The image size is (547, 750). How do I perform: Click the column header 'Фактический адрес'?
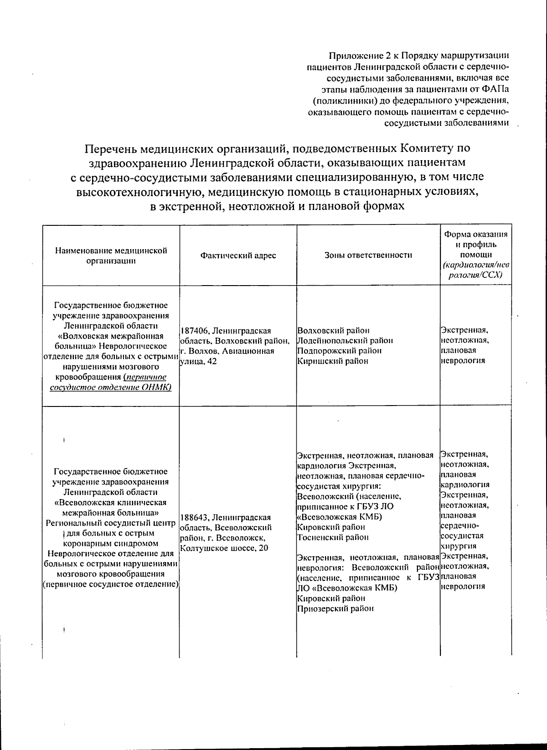[x=238, y=255]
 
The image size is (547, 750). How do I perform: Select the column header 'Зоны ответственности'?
[x=368, y=255]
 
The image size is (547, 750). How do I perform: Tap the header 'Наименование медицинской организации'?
[x=111, y=255]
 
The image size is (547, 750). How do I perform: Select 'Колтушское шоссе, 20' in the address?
[x=224, y=548]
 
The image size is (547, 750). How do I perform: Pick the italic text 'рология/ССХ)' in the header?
[x=475, y=276]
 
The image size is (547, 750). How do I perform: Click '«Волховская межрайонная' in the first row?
[x=111, y=336]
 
